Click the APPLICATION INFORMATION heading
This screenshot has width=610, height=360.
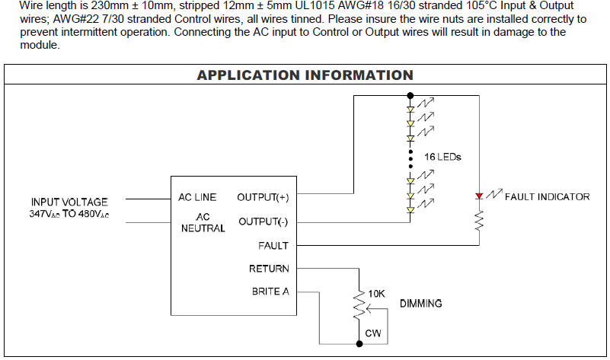305,75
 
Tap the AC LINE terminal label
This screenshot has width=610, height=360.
197,197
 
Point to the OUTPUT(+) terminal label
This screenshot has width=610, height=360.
263,197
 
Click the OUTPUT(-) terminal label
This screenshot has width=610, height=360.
263,221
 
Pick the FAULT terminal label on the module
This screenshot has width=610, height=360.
273,246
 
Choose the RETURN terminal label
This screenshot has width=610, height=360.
269,269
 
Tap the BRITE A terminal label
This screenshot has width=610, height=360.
270,292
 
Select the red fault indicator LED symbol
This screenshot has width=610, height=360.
479,196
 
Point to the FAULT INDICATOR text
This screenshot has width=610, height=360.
547,196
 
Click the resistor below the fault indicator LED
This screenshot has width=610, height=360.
479,221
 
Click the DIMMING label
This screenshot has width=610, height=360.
420,303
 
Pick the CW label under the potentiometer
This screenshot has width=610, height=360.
372,333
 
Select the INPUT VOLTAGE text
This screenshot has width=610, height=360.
69,202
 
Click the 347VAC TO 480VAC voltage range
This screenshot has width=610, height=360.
69,214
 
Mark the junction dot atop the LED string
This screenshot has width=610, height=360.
410,95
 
